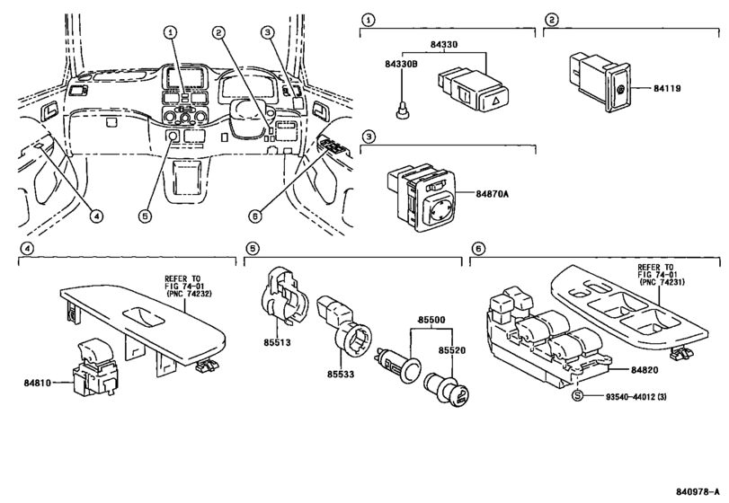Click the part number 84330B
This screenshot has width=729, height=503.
tap(401, 64)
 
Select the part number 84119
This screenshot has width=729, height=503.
tap(667, 88)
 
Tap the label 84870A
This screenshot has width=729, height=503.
tap(492, 194)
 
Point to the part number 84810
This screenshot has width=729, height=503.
tap(38, 384)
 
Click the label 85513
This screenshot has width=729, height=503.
tap(277, 343)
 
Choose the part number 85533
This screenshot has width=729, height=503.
tap(341, 374)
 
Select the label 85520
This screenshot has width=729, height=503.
tap(451, 350)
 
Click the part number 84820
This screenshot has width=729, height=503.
tap(645, 370)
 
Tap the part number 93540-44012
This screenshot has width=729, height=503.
tap(630, 397)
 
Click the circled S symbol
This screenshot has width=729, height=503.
tap(577, 396)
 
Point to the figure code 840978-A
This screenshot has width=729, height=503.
tap(698, 492)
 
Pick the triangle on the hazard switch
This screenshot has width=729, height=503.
tap(496, 99)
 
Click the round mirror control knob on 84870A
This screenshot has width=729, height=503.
tap(439, 208)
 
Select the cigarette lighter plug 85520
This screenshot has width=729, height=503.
tap(447, 389)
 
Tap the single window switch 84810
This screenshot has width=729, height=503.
tap(94, 368)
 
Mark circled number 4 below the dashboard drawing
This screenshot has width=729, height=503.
tap(96, 216)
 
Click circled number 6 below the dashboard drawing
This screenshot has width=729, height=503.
tap(254, 216)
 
